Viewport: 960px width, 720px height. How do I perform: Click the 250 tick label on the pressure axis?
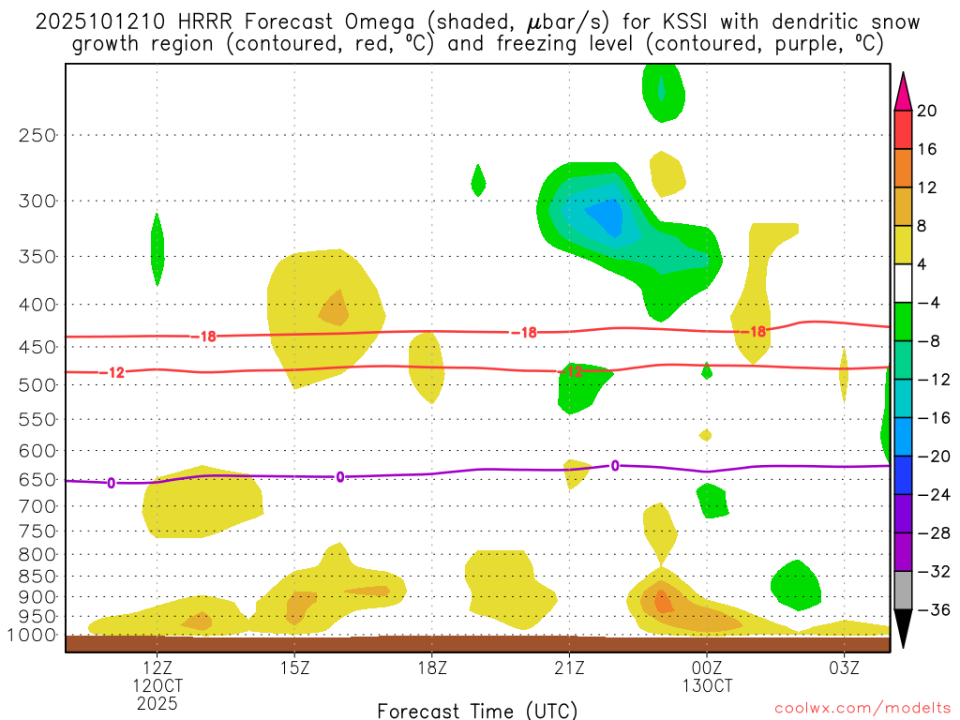[x=37, y=135]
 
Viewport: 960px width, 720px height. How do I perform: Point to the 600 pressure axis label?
[x=37, y=451]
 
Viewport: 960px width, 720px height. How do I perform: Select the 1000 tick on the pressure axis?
[x=33, y=636]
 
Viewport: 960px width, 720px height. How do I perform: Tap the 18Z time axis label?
[x=431, y=668]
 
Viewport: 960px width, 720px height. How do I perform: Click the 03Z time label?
[x=844, y=668]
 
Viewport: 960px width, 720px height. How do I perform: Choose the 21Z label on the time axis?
[x=569, y=668]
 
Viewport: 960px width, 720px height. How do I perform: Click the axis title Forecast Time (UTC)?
[x=477, y=710]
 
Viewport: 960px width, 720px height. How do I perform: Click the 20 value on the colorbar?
[x=927, y=111]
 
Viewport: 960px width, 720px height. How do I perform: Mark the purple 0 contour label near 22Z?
[x=615, y=465]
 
